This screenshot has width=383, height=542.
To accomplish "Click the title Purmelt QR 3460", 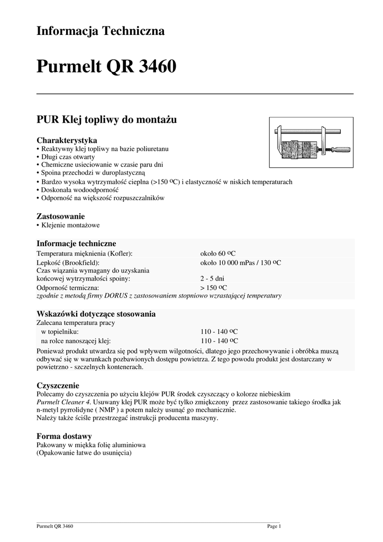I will [x=106, y=67].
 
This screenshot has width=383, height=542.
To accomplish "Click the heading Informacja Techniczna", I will [x=100, y=31].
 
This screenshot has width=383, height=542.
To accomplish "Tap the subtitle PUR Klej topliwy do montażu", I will [x=106, y=120].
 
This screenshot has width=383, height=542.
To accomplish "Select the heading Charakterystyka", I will [x=66, y=140].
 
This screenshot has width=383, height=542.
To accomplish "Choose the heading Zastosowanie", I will [x=60, y=216].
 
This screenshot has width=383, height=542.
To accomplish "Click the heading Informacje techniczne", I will [x=76, y=243].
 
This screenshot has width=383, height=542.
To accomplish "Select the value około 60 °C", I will [x=218, y=254].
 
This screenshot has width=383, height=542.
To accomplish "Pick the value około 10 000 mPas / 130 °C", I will [x=241, y=263].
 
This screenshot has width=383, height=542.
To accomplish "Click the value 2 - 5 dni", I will [x=213, y=278].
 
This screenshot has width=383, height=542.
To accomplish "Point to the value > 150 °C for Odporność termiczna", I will [x=214, y=287].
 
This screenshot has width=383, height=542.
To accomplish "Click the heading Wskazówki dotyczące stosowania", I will [x=96, y=314].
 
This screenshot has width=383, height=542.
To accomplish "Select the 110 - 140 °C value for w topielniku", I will [x=219, y=331].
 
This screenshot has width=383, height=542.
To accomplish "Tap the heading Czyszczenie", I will [x=57, y=385].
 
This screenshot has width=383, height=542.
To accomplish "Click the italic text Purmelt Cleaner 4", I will [x=63, y=402].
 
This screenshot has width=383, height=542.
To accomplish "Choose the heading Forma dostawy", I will [x=64, y=436].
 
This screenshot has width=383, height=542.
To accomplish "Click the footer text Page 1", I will [x=274, y=526].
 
